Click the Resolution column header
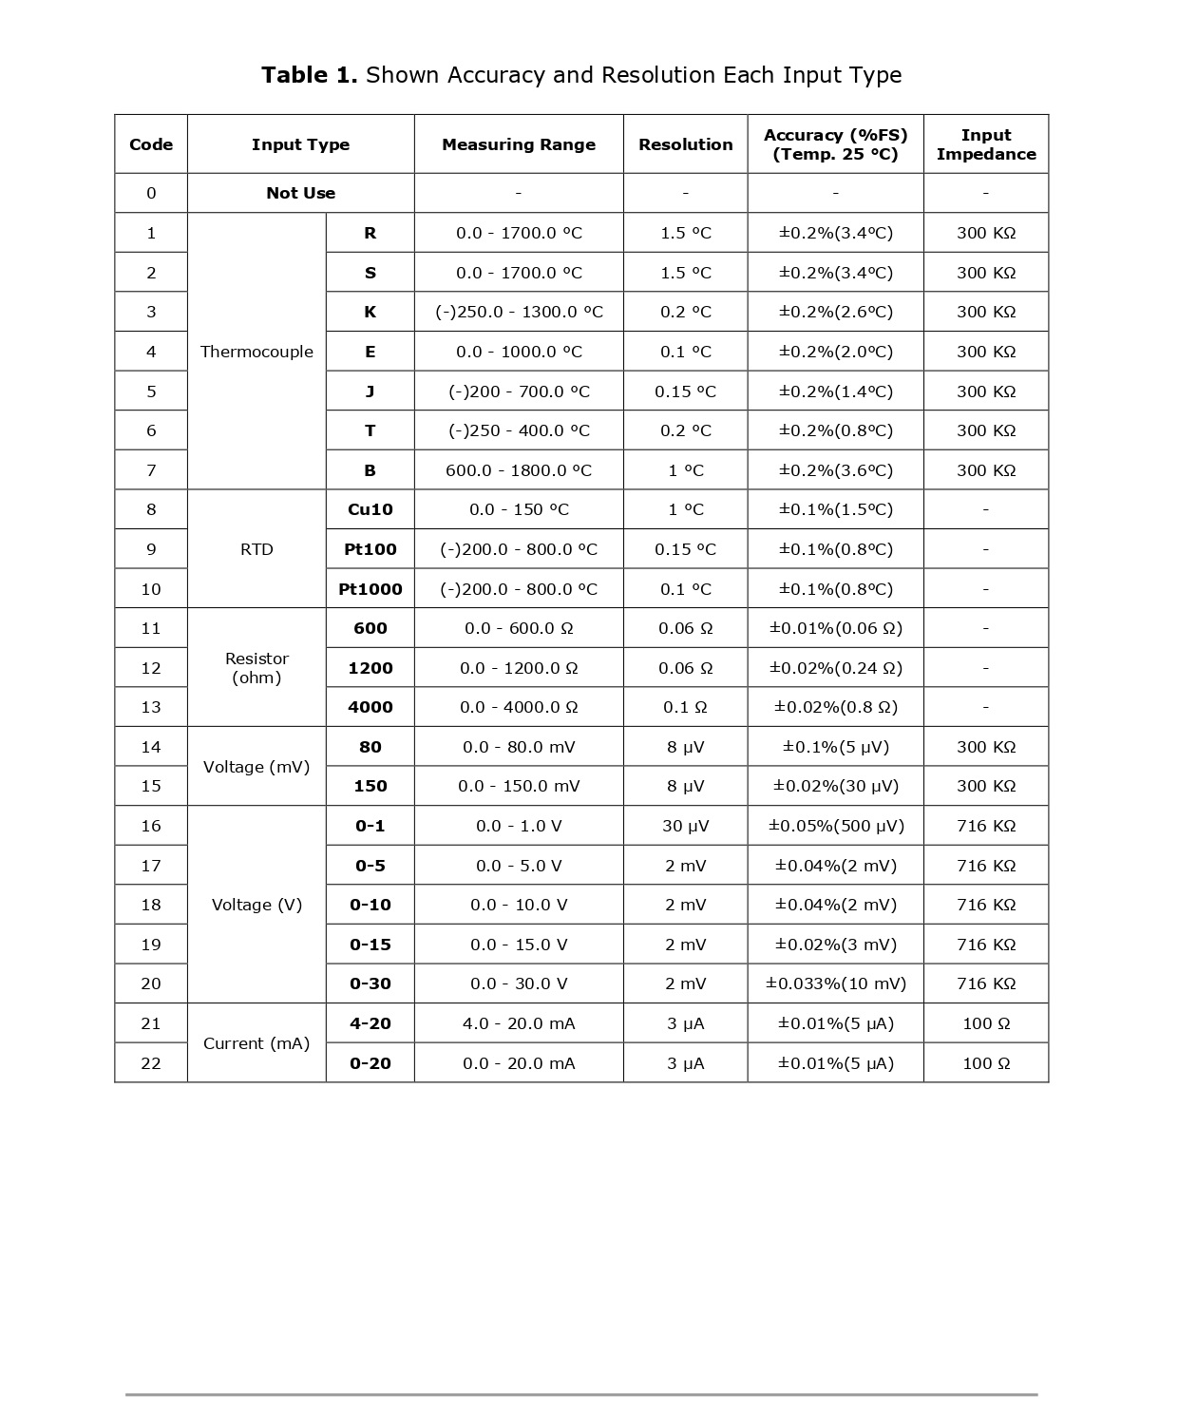coord(685,144)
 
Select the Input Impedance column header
coord(985,144)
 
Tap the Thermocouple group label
coord(256,352)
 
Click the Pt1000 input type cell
coord(370,589)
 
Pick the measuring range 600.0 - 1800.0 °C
coord(519,470)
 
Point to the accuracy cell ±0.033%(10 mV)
coord(835,983)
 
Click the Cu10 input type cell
coord(370,509)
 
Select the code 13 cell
coord(151,707)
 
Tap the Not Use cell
coord(300,193)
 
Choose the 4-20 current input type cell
coord(370,1023)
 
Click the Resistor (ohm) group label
coord(256,668)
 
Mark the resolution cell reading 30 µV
coord(685,826)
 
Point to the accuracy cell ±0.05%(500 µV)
coord(835,826)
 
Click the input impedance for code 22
coord(985,1063)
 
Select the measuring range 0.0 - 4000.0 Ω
coord(519,707)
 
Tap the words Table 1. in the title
coord(309,75)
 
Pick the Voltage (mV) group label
coord(256,767)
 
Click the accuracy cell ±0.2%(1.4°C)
coord(835,391)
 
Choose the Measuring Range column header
coord(519,144)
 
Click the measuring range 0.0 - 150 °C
coord(519,509)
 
